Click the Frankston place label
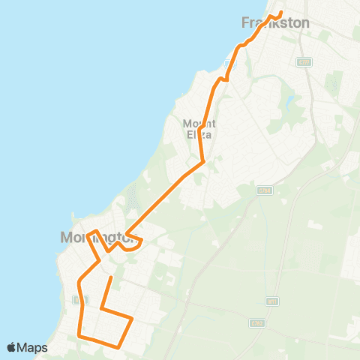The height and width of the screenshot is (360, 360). coord(275,23)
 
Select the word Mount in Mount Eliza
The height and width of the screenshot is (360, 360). coord(199,123)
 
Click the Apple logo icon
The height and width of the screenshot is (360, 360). coord(12,347)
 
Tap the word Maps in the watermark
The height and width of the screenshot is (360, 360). coord(33,347)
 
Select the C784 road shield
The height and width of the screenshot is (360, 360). coord(263,191)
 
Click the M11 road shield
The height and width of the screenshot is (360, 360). coord(271,301)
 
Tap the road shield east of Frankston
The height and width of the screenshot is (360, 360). coord(303,61)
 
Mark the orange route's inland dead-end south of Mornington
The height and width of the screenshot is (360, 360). coord(111,278)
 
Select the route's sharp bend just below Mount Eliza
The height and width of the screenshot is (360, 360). coord(203,160)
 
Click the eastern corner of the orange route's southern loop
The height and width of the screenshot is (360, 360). coord(133,319)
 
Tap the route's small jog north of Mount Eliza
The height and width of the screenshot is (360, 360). coord(223,78)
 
